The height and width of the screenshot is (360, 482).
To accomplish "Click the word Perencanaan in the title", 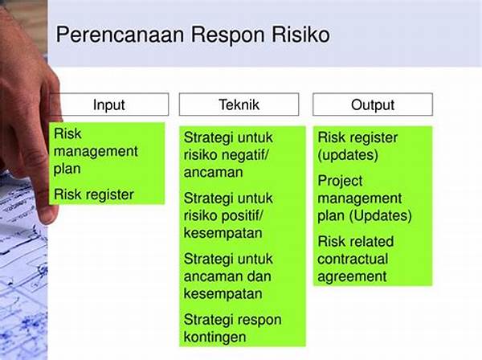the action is (x=120, y=35).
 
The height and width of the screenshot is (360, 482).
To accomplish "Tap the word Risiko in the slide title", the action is (x=301, y=34).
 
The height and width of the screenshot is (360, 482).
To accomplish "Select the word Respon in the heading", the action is (x=228, y=35).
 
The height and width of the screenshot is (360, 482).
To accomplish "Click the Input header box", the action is (x=109, y=104).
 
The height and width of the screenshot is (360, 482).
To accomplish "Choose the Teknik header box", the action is (x=239, y=104).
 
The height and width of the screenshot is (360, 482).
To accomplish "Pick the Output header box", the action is (x=373, y=104).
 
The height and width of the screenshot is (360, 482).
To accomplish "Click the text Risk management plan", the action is (x=96, y=151).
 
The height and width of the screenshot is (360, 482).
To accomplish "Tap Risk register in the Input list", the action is (x=94, y=194).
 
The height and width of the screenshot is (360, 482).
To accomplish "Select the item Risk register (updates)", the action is (x=357, y=146).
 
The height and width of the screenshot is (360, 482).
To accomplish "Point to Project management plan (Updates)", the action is (x=364, y=198).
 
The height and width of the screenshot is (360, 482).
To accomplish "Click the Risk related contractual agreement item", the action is (x=355, y=259).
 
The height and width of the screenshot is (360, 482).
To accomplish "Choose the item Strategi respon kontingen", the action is (x=232, y=329).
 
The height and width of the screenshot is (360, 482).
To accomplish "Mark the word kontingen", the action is (x=214, y=337).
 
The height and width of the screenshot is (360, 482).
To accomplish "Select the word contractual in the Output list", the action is (x=353, y=259).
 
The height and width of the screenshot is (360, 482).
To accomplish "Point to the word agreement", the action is (x=352, y=276).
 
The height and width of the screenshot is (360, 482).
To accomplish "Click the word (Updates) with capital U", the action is (x=380, y=216).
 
